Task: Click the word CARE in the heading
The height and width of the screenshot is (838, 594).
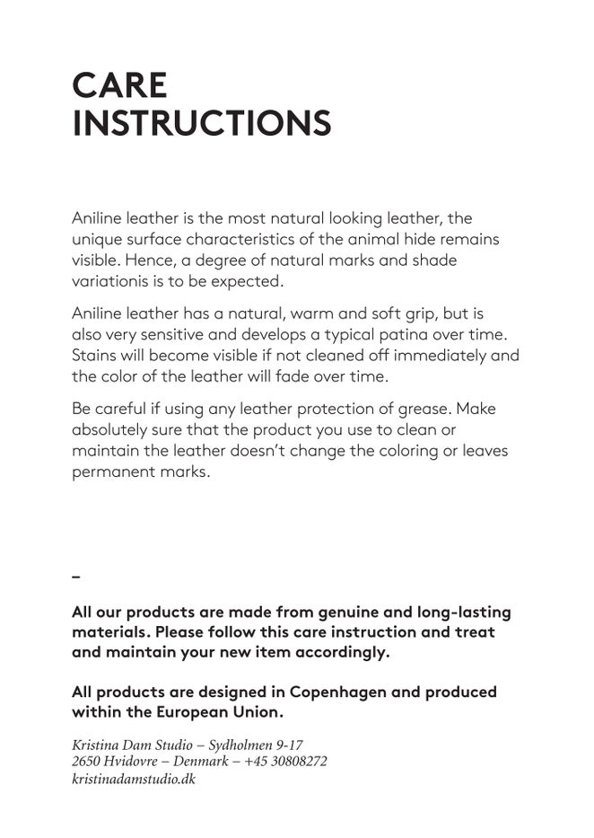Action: [119, 85]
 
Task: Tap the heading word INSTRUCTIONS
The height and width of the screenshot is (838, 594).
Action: [202, 124]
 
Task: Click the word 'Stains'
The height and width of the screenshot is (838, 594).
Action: [94, 355]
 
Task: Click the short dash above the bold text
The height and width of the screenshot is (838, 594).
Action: [76, 575]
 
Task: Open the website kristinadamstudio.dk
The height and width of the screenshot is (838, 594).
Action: [134, 780]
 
